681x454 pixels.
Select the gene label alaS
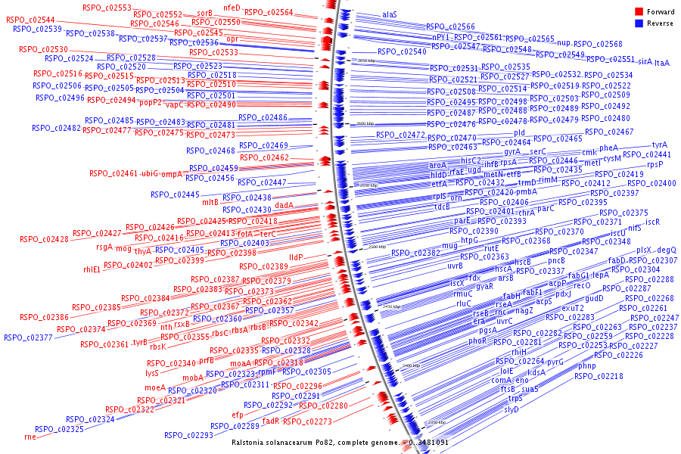coord(390,14)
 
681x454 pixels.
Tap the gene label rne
coord(30,437)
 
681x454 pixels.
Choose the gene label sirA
coord(645,61)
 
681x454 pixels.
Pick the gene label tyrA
coord(660,145)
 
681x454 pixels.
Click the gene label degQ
coord(667,250)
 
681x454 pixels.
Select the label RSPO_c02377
coord(28,337)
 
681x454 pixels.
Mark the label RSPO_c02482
coord(57,128)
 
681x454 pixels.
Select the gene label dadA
coord(284,205)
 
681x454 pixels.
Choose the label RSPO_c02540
coord(402,51)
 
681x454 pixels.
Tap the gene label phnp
coord(587,366)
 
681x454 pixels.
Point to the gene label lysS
coord(153,373)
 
